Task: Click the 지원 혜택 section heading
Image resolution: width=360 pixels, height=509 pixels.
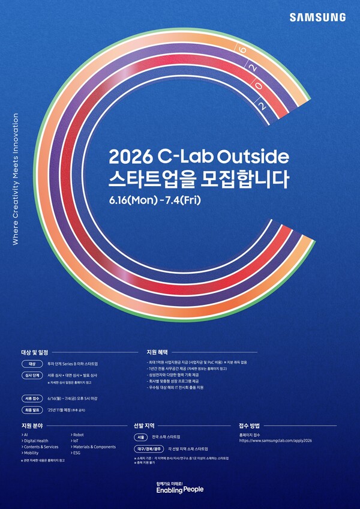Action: pos(157,352)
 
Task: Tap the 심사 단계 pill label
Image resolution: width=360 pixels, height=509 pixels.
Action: pos(32,375)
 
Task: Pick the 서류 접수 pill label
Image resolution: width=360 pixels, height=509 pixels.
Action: pos(32,398)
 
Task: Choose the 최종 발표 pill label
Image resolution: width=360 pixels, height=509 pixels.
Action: pos(32,410)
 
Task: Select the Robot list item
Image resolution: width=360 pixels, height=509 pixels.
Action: pos(79,433)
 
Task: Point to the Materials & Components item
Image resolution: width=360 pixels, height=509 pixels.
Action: pos(94,447)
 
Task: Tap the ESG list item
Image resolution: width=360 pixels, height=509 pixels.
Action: pos(77,453)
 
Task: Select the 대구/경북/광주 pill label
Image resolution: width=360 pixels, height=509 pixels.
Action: pos(148,448)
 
